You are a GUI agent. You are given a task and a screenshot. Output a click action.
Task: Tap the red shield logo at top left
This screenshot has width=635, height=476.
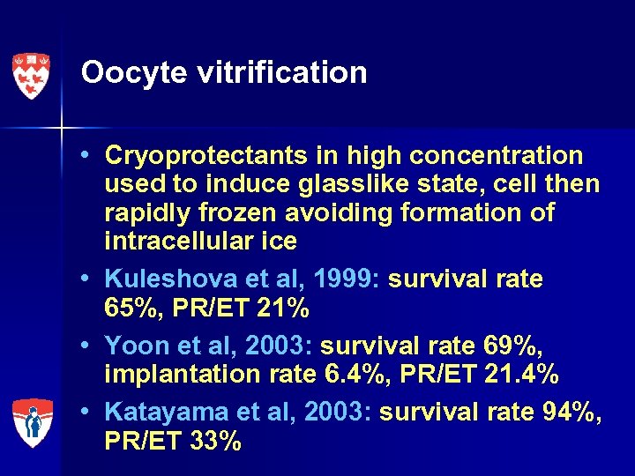[x=31, y=76]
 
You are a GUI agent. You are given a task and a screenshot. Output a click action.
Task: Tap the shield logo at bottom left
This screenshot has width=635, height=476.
[x=31, y=422]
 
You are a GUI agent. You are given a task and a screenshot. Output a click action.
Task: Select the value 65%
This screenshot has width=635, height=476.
[x=131, y=309]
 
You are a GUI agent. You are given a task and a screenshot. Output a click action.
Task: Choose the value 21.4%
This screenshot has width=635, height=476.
[x=522, y=376]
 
